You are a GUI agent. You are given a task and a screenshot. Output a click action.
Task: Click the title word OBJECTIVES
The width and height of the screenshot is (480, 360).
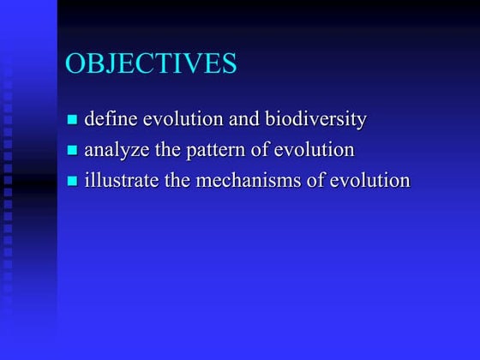click(x=151, y=64)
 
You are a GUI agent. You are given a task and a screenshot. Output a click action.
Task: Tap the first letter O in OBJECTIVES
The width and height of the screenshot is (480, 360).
click(x=75, y=64)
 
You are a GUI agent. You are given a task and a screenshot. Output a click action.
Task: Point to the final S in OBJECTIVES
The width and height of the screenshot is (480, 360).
click(x=229, y=64)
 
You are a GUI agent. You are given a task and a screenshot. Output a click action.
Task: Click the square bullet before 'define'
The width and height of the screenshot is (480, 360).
click(x=73, y=120)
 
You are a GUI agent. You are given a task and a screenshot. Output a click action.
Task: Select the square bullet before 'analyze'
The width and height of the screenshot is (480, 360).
click(x=73, y=151)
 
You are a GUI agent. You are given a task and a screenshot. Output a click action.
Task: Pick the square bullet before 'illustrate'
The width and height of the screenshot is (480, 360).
click(x=73, y=182)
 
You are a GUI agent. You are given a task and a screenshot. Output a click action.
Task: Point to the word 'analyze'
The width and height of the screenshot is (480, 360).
click(x=116, y=151)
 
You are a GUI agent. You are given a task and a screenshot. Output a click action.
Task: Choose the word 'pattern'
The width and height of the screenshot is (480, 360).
click(x=214, y=151)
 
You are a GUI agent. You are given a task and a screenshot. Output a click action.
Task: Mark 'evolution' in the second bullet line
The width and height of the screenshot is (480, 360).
click(x=314, y=150)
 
